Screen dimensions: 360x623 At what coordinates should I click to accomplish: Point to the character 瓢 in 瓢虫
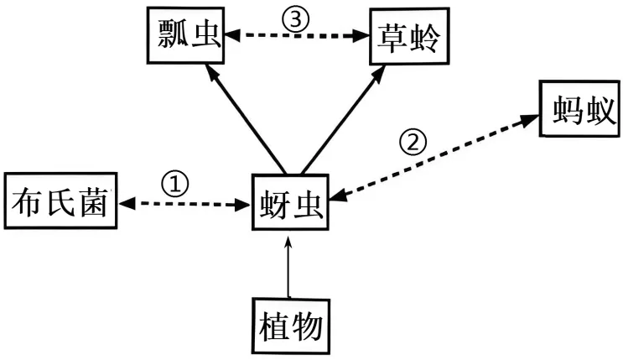[x=171, y=36]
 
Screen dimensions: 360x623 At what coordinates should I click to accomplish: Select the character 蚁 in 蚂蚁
[x=598, y=110]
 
